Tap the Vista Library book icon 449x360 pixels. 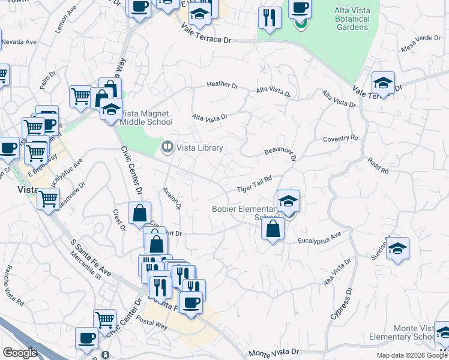click(167, 146)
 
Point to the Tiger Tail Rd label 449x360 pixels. click(255, 184)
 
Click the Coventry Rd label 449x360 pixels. click(340, 139)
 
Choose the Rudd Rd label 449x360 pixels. click(379, 166)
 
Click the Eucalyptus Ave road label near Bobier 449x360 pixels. click(319, 238)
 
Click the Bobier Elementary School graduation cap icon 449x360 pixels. click(289, 202)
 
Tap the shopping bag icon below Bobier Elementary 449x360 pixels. click(273, 229)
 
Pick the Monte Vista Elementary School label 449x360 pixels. click(415, 332)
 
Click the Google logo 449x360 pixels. click(20, 353)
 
